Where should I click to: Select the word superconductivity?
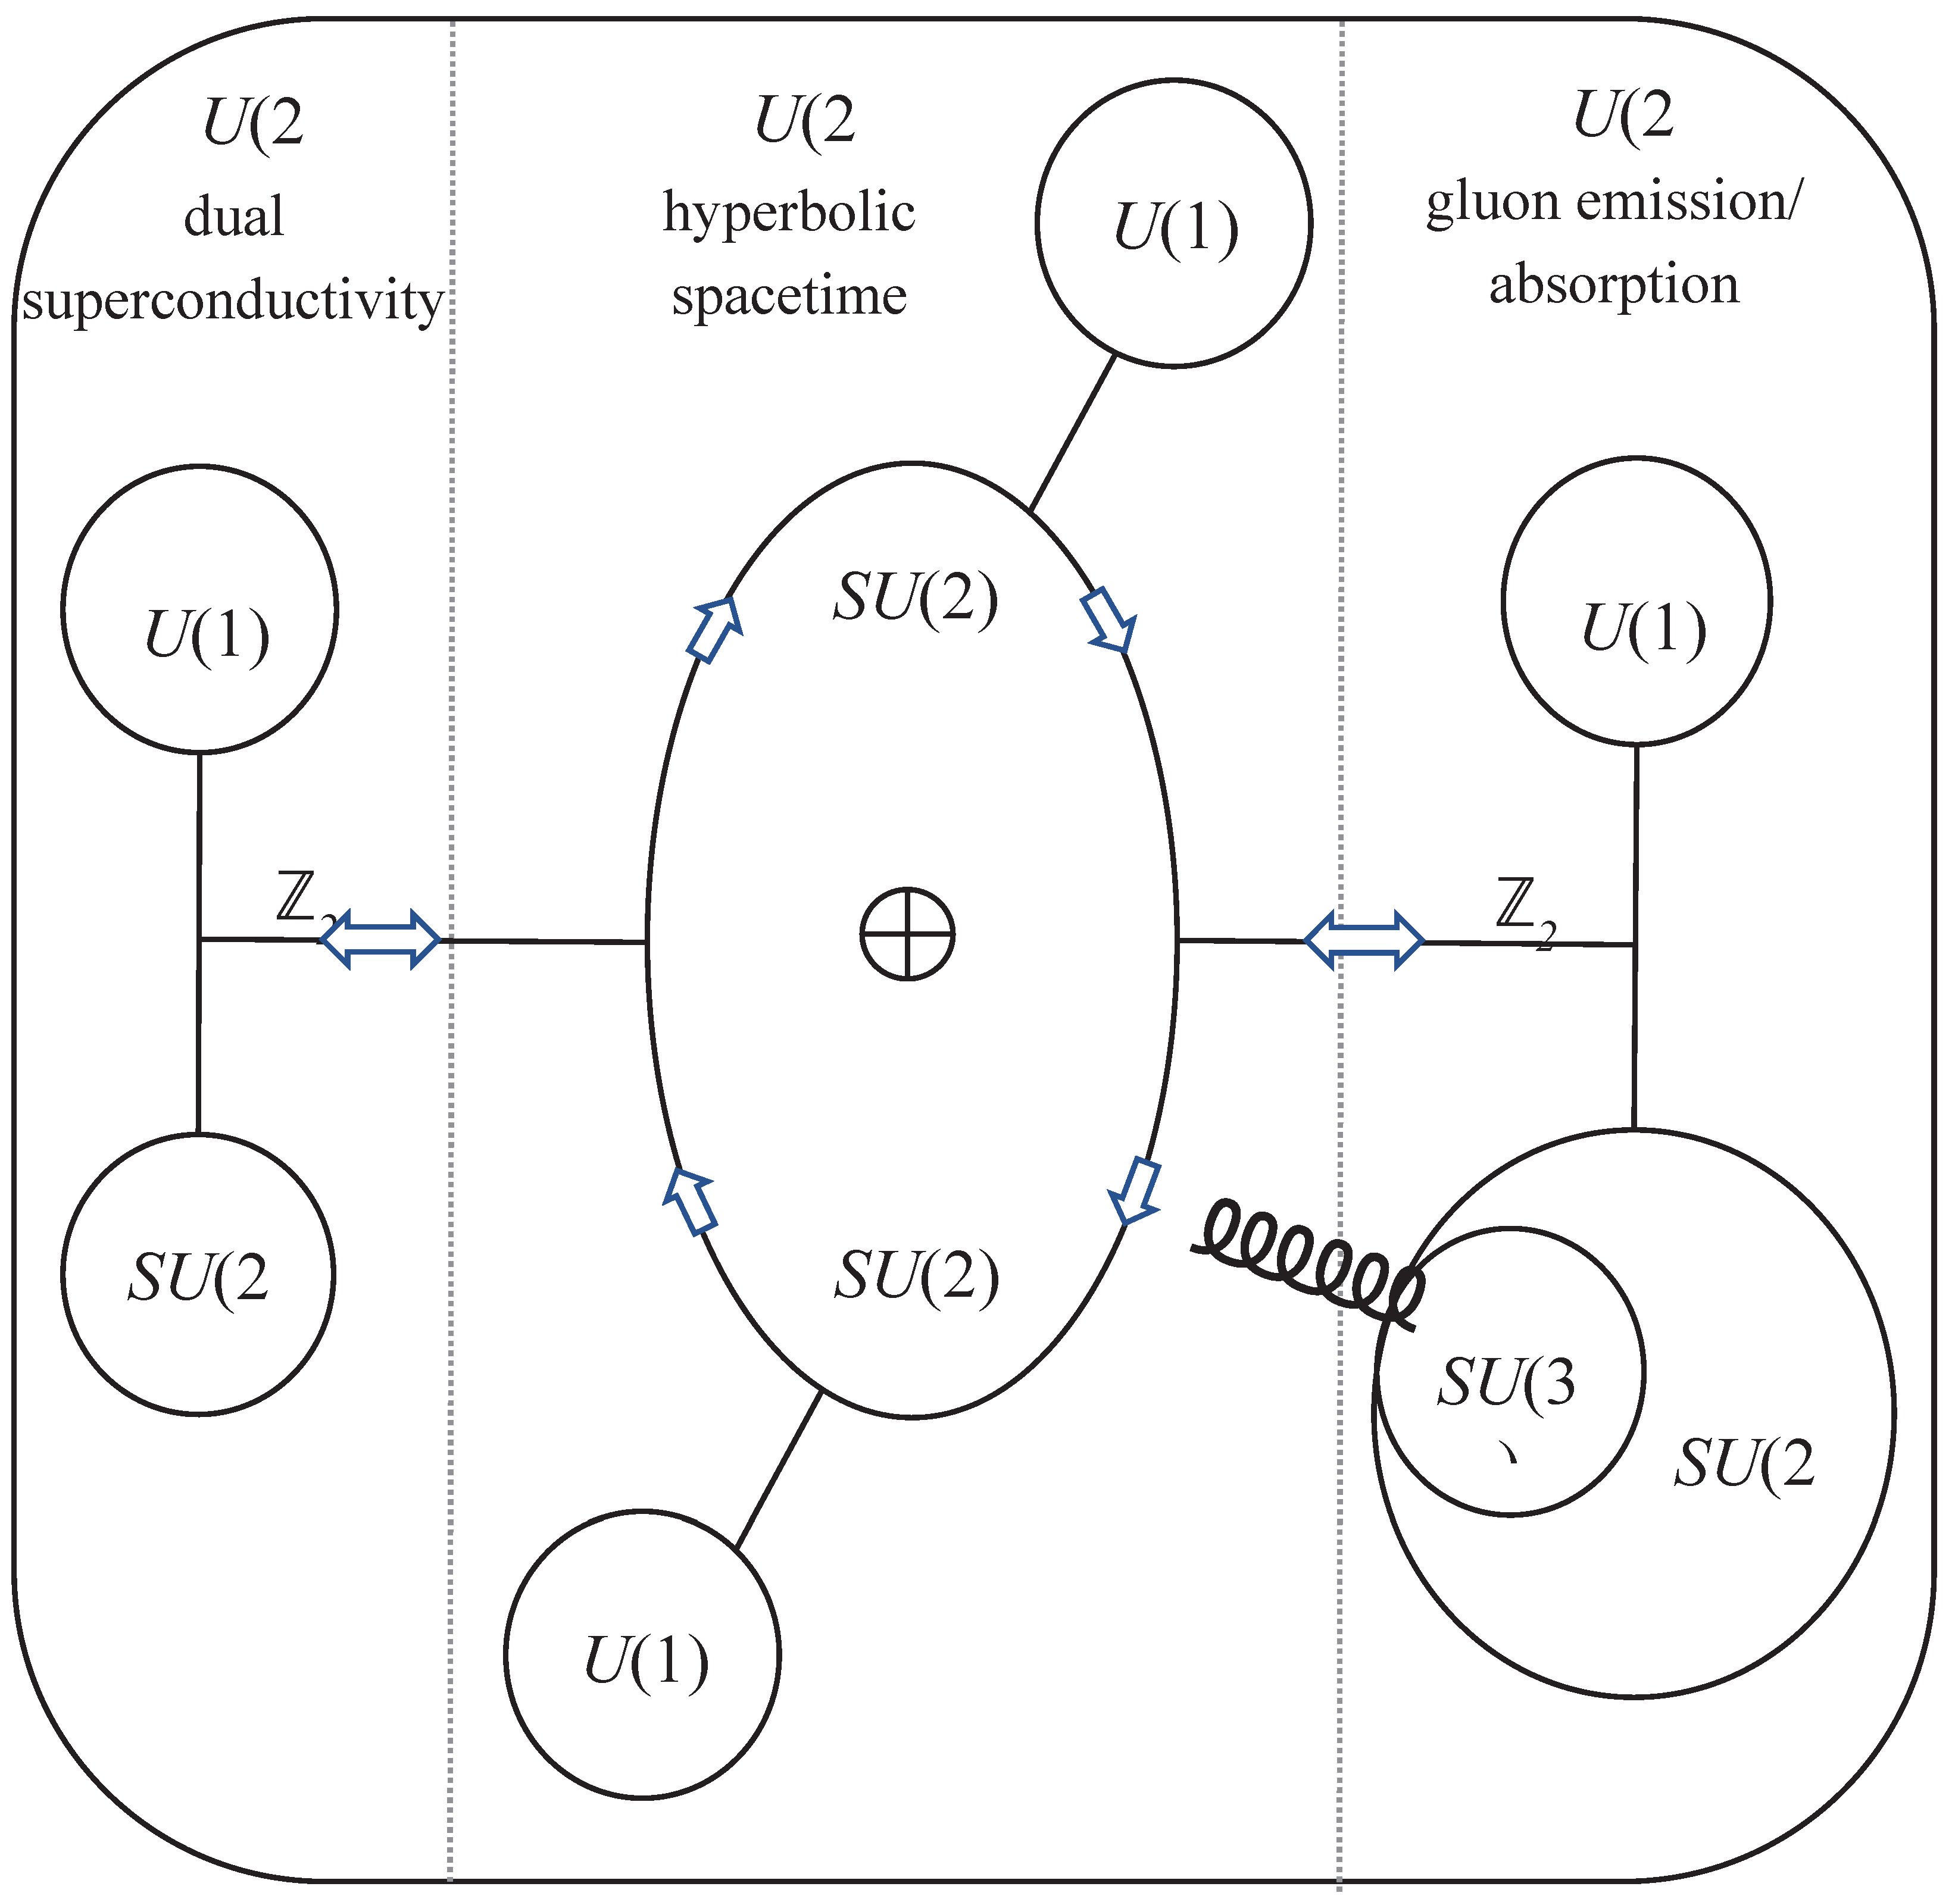[x=232, y=299]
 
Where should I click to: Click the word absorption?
[x=1614, y=284]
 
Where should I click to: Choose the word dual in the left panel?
[x=233, y=217]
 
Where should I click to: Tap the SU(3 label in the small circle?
[x=1506, y=1384]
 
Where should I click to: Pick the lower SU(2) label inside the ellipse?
[x=916, y=1276]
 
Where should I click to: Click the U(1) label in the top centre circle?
[x=1175, y=227]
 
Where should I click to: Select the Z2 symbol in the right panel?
[x=1524, y=909]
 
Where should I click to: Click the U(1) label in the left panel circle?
[x=207, y=636]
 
